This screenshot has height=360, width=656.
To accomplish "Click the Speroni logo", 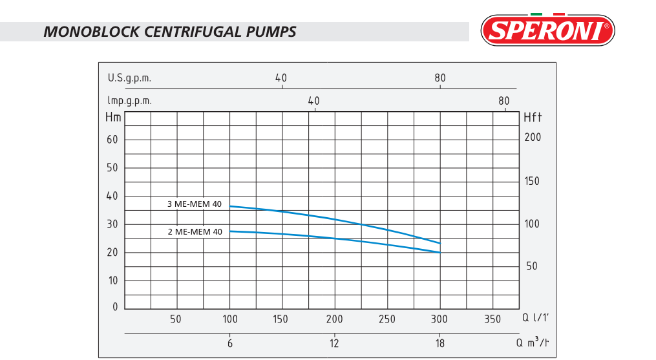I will point(548,30).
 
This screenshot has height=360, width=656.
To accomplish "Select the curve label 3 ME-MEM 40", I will point(194,204).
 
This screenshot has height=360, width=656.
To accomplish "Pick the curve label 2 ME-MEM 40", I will point(194,231).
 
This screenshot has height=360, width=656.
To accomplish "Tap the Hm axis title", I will point(112,118).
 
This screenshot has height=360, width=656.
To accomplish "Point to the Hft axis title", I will point(532,118).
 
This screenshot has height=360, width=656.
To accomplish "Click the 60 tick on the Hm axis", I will point(112,140).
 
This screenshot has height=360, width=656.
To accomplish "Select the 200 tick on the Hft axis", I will point(533,138).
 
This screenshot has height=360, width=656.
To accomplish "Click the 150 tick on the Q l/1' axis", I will point(280,319).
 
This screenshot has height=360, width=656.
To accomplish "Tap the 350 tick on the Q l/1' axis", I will point(492,319).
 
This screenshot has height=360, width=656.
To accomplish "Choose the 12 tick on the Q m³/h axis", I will point(334,343).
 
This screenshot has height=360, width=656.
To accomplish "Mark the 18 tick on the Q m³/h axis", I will point(440,343).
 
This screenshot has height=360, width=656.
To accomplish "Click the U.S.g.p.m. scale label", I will point(129,78).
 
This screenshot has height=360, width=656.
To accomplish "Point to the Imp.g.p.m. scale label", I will point(130,101).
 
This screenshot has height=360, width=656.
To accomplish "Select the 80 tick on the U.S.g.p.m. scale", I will point(440,78).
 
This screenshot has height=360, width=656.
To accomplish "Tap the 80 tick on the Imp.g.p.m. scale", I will point(504,101).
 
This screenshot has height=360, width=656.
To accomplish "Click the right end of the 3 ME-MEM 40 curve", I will point(440,243).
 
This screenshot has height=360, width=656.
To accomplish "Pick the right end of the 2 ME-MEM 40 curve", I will point(440,252).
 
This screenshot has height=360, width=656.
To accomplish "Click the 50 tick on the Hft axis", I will point(532,266).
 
